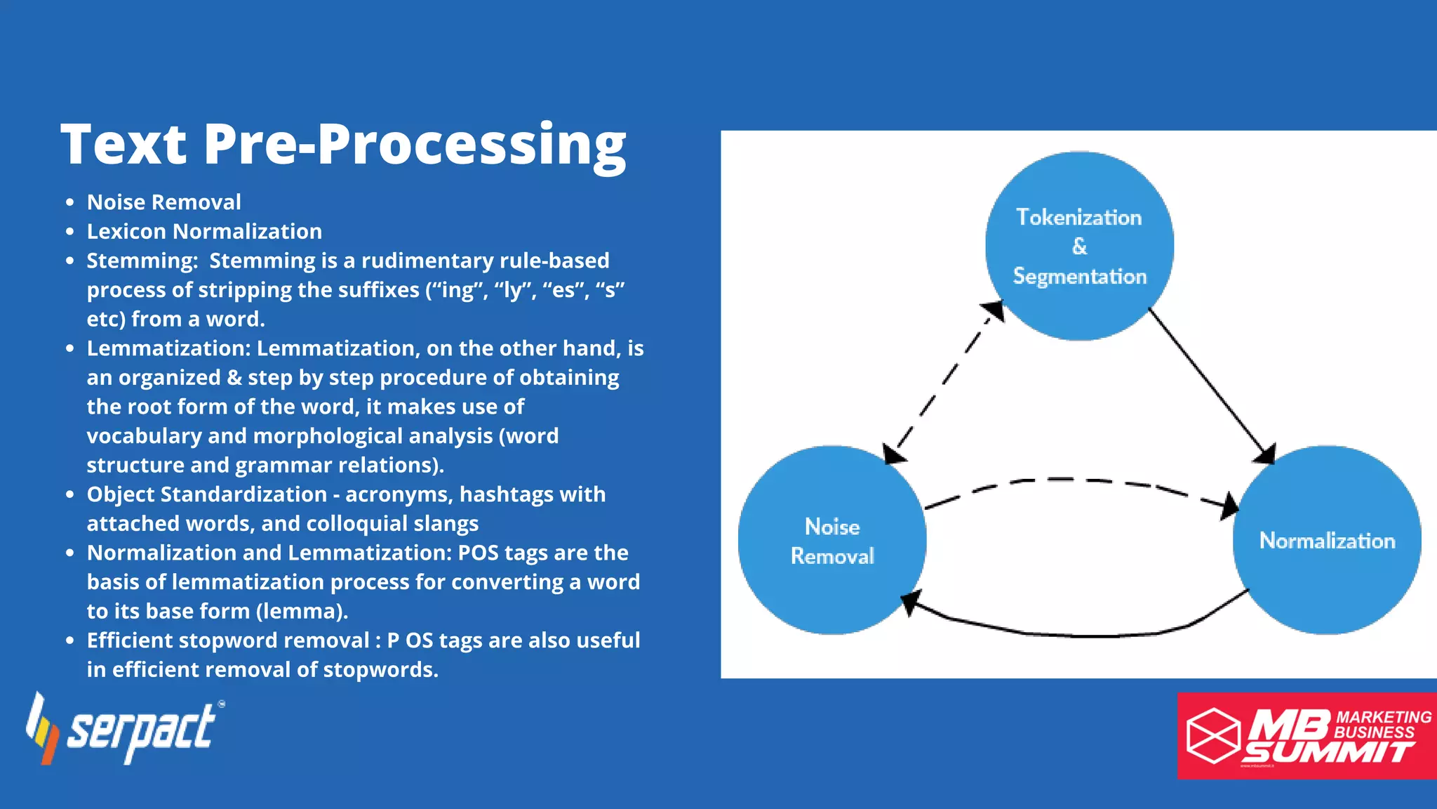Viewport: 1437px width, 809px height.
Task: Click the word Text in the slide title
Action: (123, 145)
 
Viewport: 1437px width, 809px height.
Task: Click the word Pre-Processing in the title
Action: (414, 145)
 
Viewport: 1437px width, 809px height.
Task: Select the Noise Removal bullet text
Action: (163, 202)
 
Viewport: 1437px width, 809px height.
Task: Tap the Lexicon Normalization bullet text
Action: (204, 231)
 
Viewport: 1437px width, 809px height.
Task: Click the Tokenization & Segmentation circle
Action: (1079, 246)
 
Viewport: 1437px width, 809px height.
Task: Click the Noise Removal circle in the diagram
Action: (832, 541)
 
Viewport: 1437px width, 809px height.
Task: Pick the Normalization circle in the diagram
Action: (1327, 541)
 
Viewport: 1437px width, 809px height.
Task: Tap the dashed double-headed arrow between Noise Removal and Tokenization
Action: (944, 383)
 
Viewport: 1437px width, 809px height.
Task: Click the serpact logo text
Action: (140, 730)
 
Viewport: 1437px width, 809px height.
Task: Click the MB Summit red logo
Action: (1306, 736)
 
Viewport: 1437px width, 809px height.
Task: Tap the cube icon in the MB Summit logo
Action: (1213, 735)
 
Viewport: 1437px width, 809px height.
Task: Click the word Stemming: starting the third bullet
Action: (142, 261)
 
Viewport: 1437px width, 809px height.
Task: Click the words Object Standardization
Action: (207, 494)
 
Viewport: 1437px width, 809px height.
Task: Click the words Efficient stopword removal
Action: (228, 640)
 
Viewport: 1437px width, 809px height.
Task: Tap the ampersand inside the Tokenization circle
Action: (1079, 246)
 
